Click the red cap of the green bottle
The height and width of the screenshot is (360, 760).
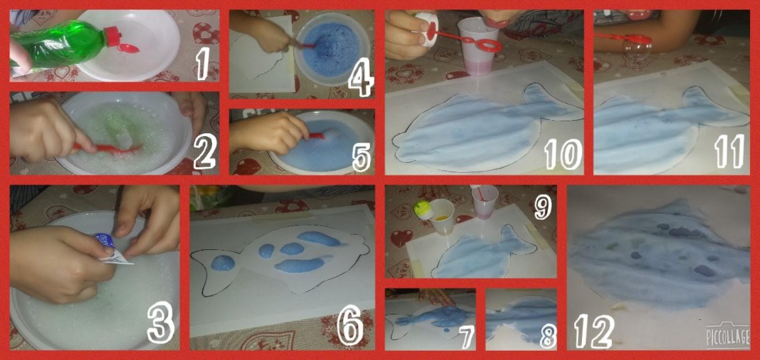point(112,36)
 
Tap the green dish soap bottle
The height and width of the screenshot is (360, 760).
point(63,46)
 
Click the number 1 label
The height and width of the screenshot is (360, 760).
point(201,65)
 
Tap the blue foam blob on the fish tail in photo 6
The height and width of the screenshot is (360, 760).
point(223,263)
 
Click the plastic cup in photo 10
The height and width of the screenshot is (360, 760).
point(479,47)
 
